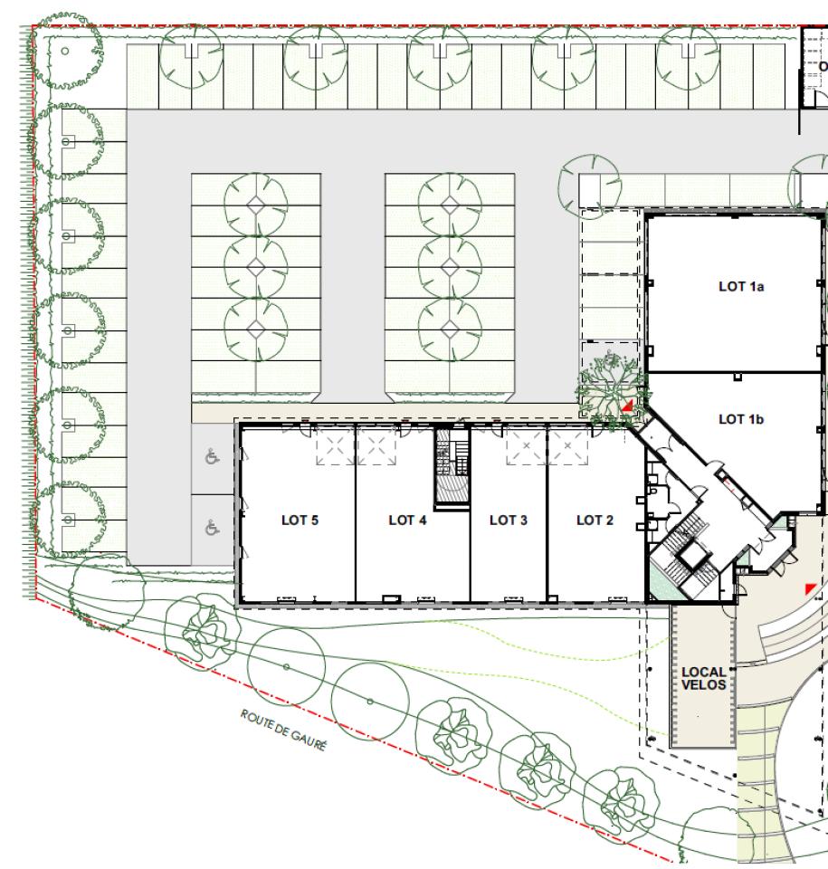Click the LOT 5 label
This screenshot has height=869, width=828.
point(300,520)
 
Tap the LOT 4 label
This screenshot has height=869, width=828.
point(407,520)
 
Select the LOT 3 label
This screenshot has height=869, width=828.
point(509,520)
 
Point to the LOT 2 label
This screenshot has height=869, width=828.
point(595,520)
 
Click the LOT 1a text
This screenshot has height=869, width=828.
point(741,287)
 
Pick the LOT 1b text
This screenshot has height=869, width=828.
point(741,419)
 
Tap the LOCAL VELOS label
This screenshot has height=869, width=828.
point(703,678)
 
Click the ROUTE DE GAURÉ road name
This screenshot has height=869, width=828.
point(282,731)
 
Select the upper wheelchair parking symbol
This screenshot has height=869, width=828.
point(213,457)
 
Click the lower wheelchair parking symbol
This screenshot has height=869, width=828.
point(213,528)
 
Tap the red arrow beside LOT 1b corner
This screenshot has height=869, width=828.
point(627,406)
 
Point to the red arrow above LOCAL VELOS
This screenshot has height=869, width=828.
point(811,588)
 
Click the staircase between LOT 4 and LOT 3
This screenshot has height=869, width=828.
point(452,465)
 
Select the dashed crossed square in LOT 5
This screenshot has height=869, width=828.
point(336,445)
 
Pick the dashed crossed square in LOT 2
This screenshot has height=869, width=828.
point(568,445)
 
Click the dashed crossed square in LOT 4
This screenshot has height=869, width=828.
point(376,445)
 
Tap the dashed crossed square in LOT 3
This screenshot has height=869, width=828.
point(526,445)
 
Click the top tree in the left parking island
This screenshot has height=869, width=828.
point(255,204)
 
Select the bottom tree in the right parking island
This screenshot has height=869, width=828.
point(450,329)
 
